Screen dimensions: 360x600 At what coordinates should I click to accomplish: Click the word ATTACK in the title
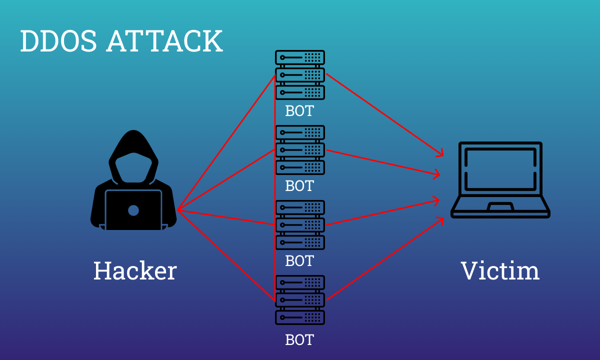click(164, 41)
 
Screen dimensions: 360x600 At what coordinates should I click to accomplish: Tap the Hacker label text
click(135, 271)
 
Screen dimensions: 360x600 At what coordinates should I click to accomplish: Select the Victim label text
click(500, 271)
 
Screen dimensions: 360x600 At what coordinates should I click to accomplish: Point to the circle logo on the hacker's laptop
click(133, 210)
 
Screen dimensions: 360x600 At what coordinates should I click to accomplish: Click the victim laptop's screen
click(500, 168)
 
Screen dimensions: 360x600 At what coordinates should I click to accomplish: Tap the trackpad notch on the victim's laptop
click(500, 206)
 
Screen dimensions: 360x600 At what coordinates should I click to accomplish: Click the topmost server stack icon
click(300, 75)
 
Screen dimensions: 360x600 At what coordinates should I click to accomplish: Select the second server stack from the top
click(300, 150)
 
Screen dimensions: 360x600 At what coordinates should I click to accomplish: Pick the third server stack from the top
click(300, 225)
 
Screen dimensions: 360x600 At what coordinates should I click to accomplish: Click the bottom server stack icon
click(300, 300)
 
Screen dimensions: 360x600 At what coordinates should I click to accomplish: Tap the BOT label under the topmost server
click(299, 110)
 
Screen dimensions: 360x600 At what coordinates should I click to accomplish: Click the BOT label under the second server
click(299, 186)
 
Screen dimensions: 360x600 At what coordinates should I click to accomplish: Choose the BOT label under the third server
click(299, 261)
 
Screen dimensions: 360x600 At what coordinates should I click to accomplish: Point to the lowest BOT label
click(299, 340)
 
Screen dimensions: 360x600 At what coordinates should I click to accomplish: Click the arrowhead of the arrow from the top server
click(442, 154)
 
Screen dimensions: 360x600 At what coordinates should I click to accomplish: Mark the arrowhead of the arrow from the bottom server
click(442, 219)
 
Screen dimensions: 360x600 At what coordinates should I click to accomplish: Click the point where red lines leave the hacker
click(177, 210)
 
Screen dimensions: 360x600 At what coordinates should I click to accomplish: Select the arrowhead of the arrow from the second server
click(438, 174)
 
